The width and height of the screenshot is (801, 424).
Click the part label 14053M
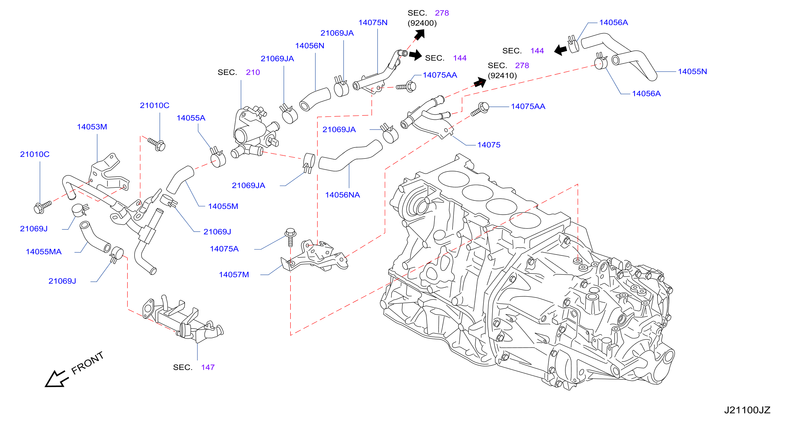[92, 127]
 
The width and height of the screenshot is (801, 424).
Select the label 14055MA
[43, 252]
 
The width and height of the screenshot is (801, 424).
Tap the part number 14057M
[234, 275]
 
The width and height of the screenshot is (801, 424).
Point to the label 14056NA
[342, 195]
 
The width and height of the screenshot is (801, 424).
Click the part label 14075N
[373, 23]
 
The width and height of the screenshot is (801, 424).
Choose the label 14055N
[692, 71]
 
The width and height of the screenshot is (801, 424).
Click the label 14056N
[310, 46]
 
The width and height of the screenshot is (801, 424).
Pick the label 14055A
[191, 118]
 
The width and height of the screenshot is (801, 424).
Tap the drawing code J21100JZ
[747, 410]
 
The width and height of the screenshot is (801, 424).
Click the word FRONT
[87, 363]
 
